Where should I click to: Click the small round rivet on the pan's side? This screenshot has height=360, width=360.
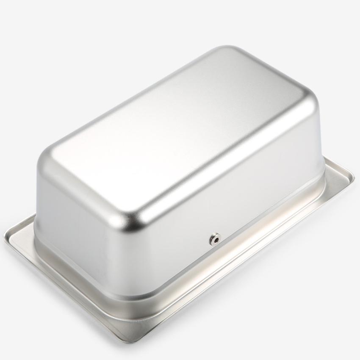215,240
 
